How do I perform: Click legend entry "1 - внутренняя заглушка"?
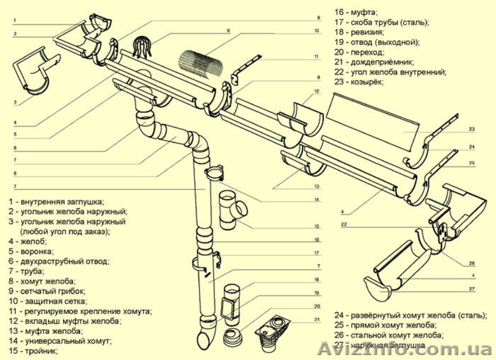click(x=56, y=201)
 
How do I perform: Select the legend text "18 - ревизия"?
click(x=359, y=32)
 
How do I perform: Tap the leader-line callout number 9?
click(x=228, y=30)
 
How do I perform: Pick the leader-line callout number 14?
click(x=316, y=200)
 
